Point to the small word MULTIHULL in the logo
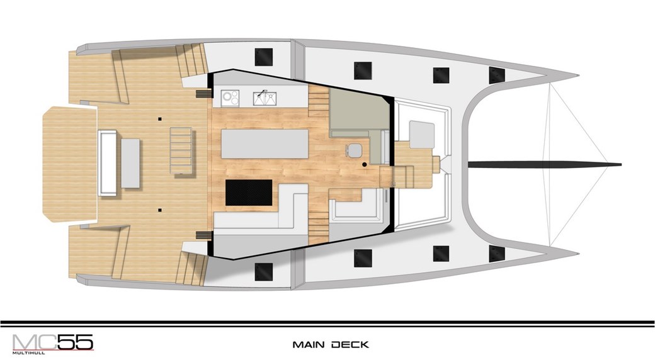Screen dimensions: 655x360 [x=28, y=352]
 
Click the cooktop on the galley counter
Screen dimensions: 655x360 [x=230, y=98]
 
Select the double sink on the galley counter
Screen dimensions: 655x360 [x=264, y=98]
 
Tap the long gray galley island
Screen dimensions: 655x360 [x=265, y=143]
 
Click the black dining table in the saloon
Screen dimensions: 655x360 [x=249, y=192]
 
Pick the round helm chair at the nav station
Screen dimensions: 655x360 [x=355, y=150]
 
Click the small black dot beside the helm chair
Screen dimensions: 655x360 [x=365, y=164]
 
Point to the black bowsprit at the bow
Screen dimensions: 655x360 [x=544, y=164]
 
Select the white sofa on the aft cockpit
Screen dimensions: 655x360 [x=107, y=162]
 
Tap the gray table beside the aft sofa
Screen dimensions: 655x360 [x=130, y=163]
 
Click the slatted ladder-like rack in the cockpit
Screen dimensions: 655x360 [x=181, y=150]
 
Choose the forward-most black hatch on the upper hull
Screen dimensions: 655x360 [x=497, y=75]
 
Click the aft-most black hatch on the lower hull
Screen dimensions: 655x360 [x=264, y=272]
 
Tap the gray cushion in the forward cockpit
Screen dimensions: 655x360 [x=422, y=134]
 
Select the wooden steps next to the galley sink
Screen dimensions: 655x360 [x=318, y=101]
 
